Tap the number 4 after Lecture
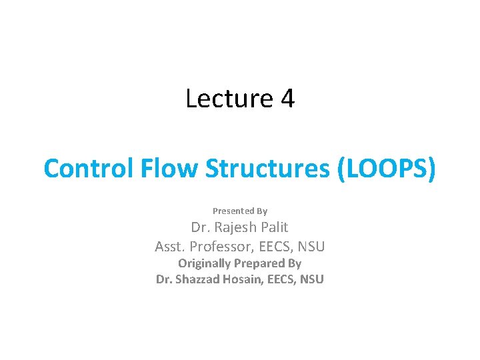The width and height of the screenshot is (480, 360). tap(288, 99)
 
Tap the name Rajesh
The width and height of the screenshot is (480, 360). tap(237, 227)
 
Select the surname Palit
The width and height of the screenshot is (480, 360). tap(275, 227)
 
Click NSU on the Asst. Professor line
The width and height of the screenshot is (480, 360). tap(311, 247)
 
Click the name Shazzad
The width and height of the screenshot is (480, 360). tap(199, 279)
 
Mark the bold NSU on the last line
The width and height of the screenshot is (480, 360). tap(311, 279)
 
